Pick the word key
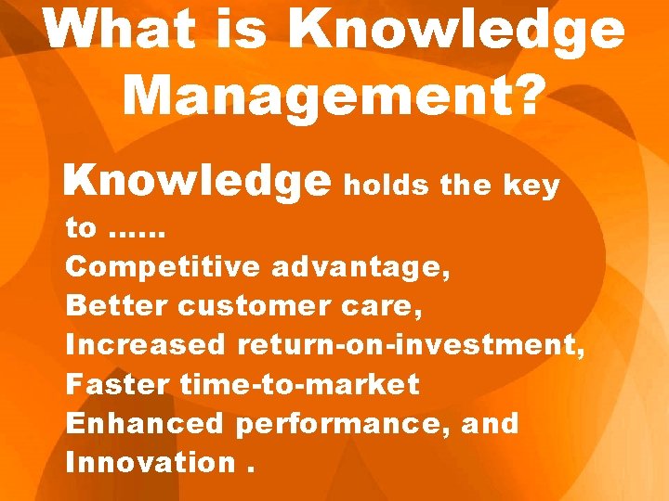531,186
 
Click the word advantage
361,267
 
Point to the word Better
117,306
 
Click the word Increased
146,345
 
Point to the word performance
348,425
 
